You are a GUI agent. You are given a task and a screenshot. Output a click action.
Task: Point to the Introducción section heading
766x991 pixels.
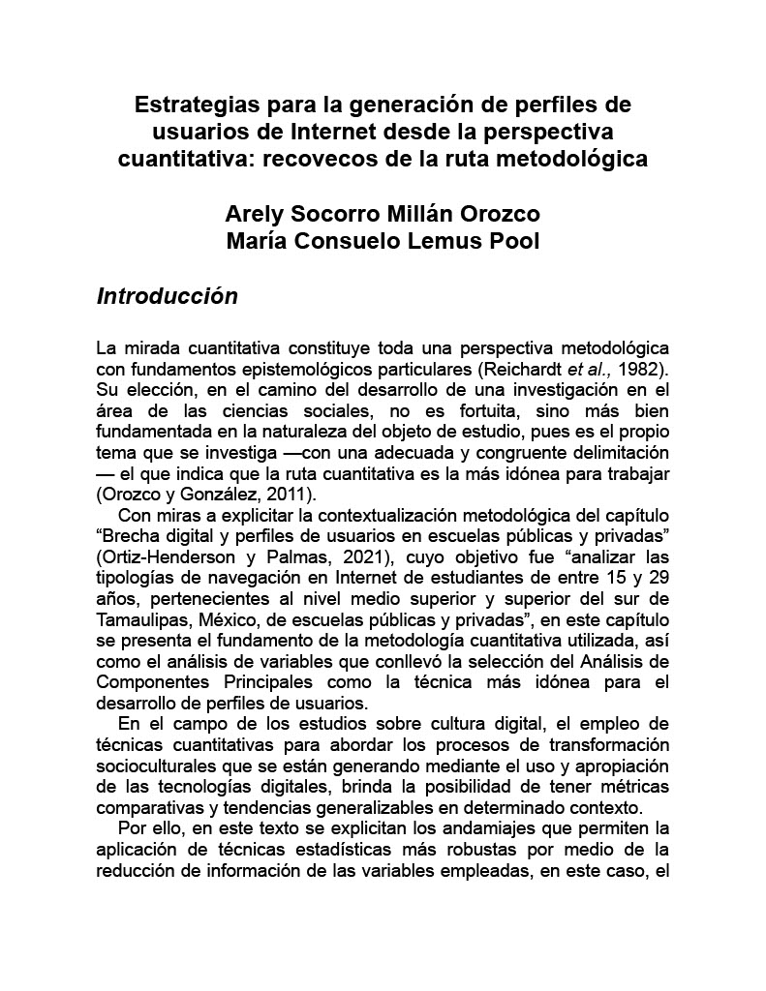(x=167, y=296)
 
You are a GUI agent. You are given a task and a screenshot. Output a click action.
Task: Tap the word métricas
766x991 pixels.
(x=634, y=785)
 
